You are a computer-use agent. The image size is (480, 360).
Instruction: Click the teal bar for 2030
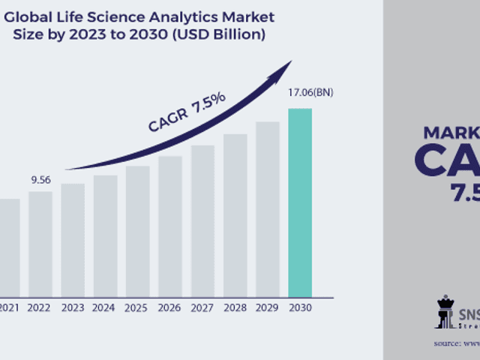pyautogui.click(x=300, y=202)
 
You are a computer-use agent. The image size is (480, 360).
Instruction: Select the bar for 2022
pyautogui.click(x=40, y=244)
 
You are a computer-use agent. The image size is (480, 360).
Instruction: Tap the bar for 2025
pyautogui.click(x=137, y=231)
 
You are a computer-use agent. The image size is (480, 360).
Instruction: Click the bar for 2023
pyautogui.click(x=73, y=240)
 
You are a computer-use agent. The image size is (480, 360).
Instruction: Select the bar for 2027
pyautogui.click(x=202, y=220)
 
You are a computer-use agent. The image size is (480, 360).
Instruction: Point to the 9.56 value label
pyautogui.click(x=40, y=180)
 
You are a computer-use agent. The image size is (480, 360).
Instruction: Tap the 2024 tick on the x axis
pyautogui.click(x=105, y=307)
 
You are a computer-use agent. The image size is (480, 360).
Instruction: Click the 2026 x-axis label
pyautogui.click(x=169, y=307)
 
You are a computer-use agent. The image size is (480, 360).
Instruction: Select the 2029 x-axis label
pyautogui.click(x=267, y=307)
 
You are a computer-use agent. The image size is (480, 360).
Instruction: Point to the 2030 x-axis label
pyautogui.click(x=300, y=307)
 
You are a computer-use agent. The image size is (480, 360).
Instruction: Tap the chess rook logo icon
pyautogui.click(x=445, y=312)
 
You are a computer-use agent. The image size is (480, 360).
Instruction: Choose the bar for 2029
pyautogui.click(x=267, y=209)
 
